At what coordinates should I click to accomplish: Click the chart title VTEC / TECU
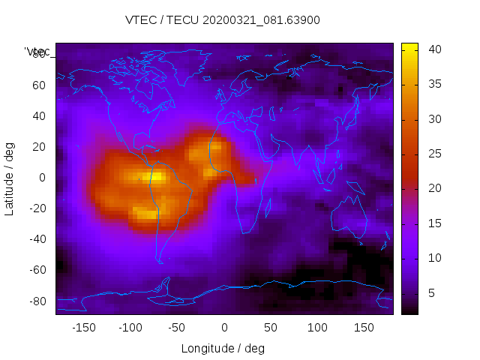tap(223, 20)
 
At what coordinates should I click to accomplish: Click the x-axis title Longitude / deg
tap(223, 348)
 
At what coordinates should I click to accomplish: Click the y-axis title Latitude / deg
tap(10, 178)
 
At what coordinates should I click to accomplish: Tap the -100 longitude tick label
tap(130, 327)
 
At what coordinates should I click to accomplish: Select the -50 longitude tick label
tap(177, 327)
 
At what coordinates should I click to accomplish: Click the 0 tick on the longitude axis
tap(224, 327)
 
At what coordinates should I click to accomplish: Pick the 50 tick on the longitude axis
tap(271, 327)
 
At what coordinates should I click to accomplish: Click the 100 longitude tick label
tap(317, 327)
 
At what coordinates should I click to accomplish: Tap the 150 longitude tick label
tap(364, 327)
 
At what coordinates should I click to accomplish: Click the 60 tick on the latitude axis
tap(39, 85)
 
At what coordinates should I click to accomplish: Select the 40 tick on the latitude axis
tap(39, 115)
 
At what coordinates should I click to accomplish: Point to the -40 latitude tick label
tap(37, 239)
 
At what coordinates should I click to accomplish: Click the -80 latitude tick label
tap(37, 301)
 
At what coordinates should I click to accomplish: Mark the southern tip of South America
tap(160, 262)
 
